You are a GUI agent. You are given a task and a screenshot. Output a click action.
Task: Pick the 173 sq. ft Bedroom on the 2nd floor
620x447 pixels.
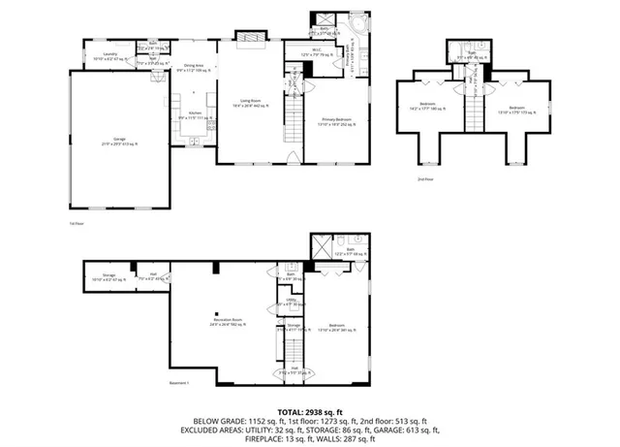coord(515,109)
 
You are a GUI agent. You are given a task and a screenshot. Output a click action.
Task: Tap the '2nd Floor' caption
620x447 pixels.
coord(423,179)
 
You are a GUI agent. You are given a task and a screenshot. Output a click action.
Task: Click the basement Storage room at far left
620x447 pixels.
coord(108,277)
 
